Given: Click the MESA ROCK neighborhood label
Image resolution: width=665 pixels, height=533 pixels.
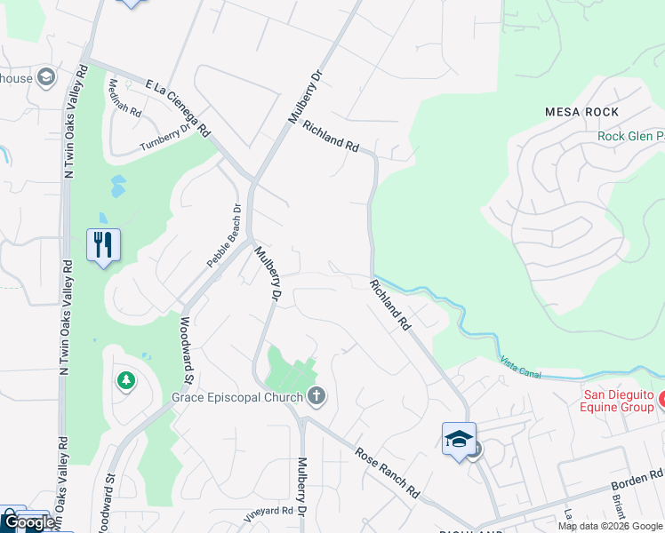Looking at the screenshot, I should click(x=582, y=112).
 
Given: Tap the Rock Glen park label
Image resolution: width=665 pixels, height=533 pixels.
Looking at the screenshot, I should click(x=630, y=136).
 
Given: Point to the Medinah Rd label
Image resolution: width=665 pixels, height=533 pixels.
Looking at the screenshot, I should click(x=124, y=99).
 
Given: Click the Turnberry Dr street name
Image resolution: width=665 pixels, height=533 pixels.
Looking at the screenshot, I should click(x=165, y=139).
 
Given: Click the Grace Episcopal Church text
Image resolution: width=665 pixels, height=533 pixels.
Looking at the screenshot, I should click(x=239, y=396).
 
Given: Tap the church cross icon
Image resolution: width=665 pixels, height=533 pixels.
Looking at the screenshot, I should click(x=316, y=396).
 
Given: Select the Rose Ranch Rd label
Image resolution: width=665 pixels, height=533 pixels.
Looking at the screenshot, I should click(x=387, y=472).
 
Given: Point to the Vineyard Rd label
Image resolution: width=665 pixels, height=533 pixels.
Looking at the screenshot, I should click(x=268, y=513).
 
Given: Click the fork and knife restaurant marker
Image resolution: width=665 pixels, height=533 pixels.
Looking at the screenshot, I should click(x=104, y=243).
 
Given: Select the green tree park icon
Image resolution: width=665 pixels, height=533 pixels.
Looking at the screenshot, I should click(x=126, y=381).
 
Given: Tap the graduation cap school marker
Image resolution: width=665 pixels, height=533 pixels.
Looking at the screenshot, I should click(x=459, y=438).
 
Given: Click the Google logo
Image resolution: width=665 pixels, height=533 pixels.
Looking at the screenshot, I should click(x=29, y=523).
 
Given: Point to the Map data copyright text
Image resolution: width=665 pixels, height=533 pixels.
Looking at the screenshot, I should click(x=610, y=526).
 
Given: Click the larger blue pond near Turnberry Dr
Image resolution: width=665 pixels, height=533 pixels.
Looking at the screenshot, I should click(x=117, y=187).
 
